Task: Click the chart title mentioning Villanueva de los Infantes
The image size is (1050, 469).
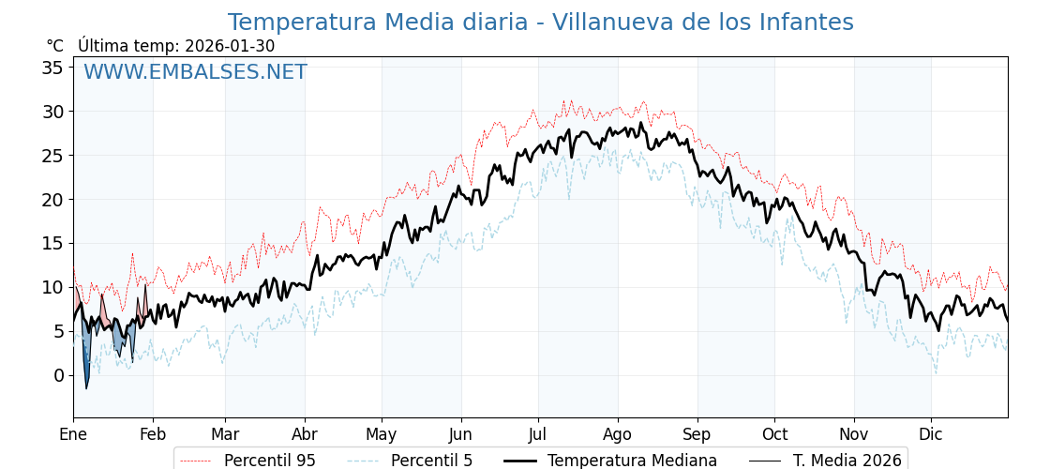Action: click(x=540, y=23)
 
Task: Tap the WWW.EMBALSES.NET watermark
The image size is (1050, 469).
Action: click(x=195, y=72)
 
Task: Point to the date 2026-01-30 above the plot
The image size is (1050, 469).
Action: click(x=230, y=46)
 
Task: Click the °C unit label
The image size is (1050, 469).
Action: click(x=54, y=46)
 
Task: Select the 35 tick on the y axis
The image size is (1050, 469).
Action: click(x=52, y=68)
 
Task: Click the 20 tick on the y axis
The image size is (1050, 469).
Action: click(x=52, y=199)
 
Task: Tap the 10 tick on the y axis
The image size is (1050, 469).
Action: click(x=52, y=287)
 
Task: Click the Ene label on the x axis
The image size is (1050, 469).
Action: click(x=73, y=434)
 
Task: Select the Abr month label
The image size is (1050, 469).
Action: click(x=305, y=434)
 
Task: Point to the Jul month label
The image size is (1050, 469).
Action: click(x=538, y=434)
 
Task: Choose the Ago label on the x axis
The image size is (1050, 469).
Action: click(x=618, y=434)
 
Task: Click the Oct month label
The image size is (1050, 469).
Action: click(x=774, y=434)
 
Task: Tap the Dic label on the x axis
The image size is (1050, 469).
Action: click(x=931, y=434)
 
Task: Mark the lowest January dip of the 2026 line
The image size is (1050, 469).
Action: click(x=86, y=388)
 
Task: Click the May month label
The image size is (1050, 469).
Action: click(x=382, y=434)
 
